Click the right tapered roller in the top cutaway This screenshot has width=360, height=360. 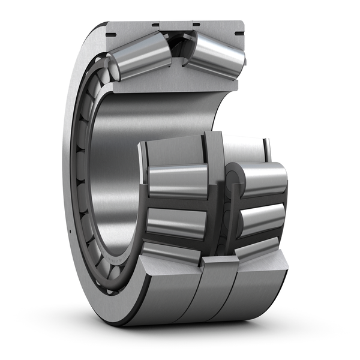[x=216, y=55]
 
